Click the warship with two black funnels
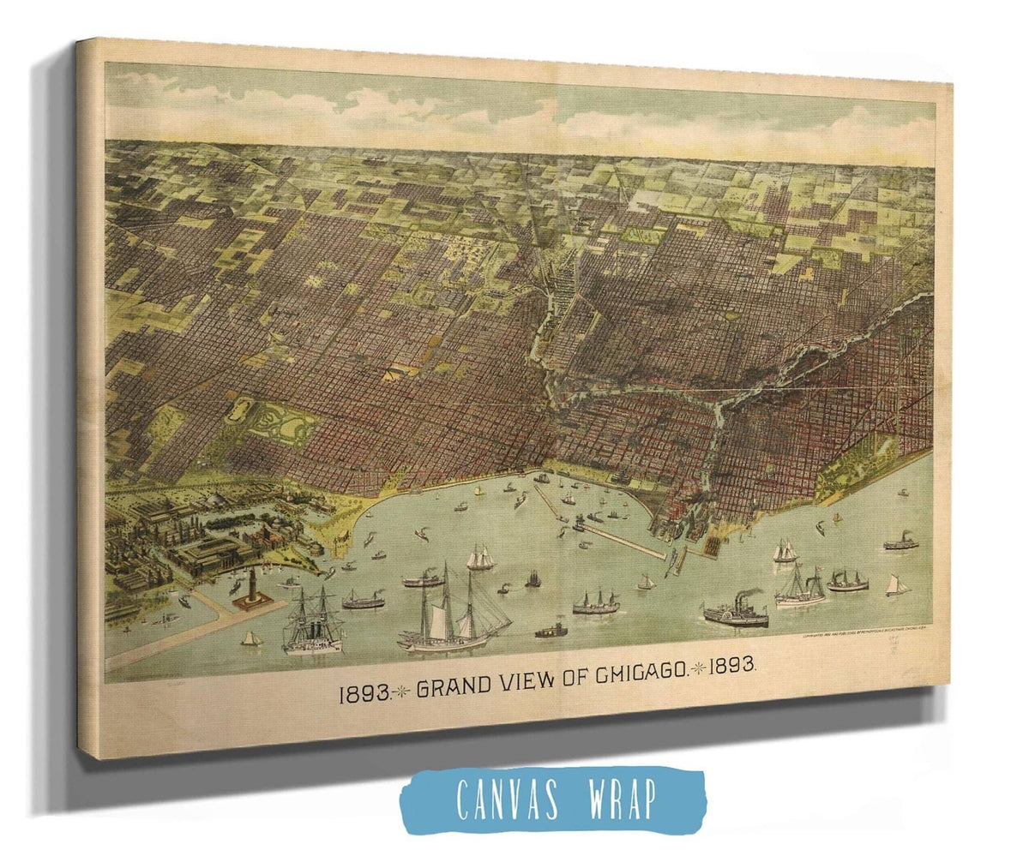click(x=314, y=621)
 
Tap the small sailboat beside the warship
click(x=250, y=638)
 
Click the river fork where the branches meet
click(x=717, y=403)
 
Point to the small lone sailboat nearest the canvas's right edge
click(x=897, y=585)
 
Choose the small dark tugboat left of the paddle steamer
click(x=551, y=632)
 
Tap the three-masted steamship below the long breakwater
click(x=596, y=603)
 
